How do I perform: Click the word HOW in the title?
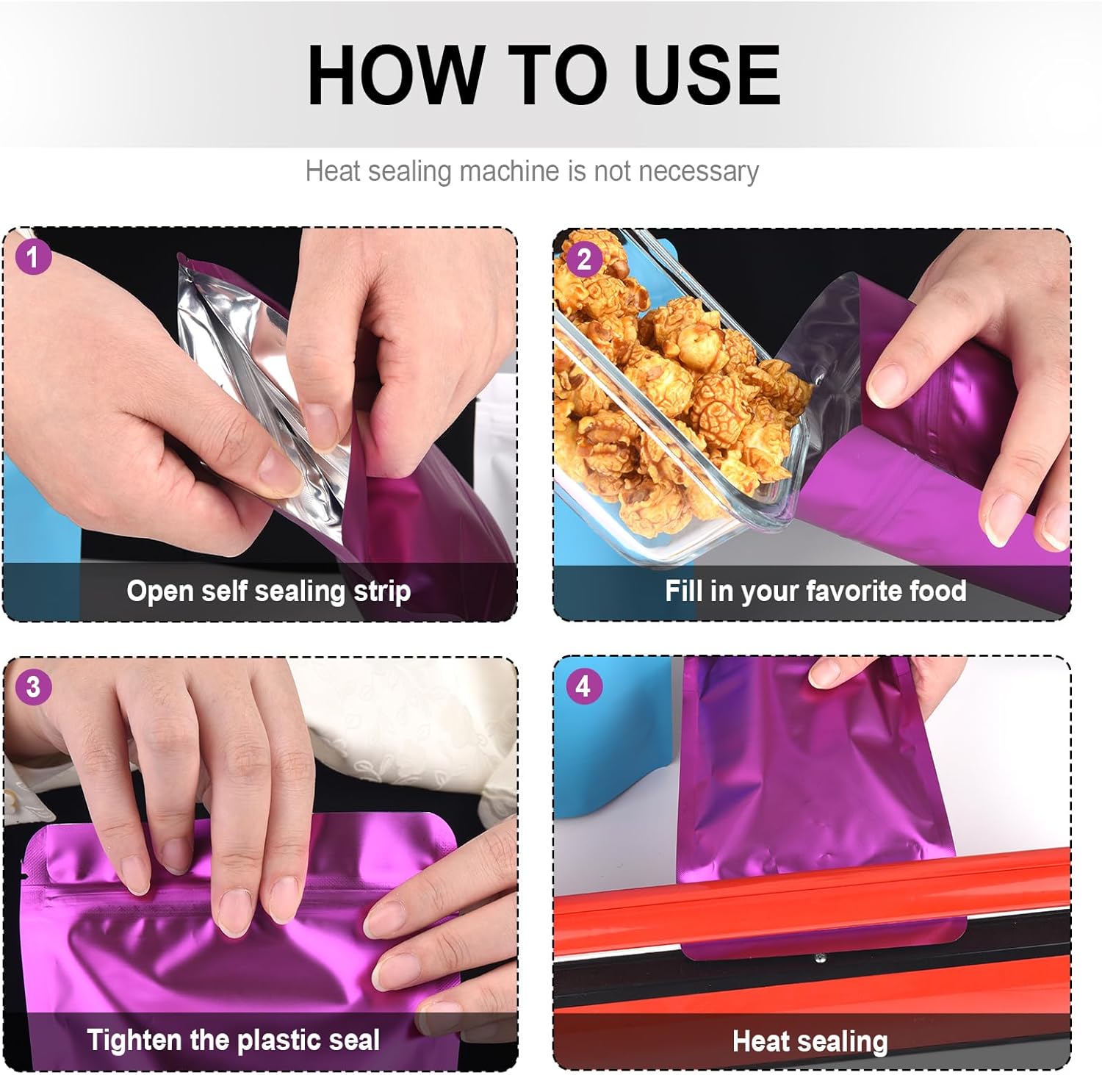393,75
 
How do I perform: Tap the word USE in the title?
707,75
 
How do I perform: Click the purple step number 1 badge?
32,257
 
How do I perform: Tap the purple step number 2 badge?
583,259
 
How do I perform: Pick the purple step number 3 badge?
33,687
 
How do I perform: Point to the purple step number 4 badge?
583,686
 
